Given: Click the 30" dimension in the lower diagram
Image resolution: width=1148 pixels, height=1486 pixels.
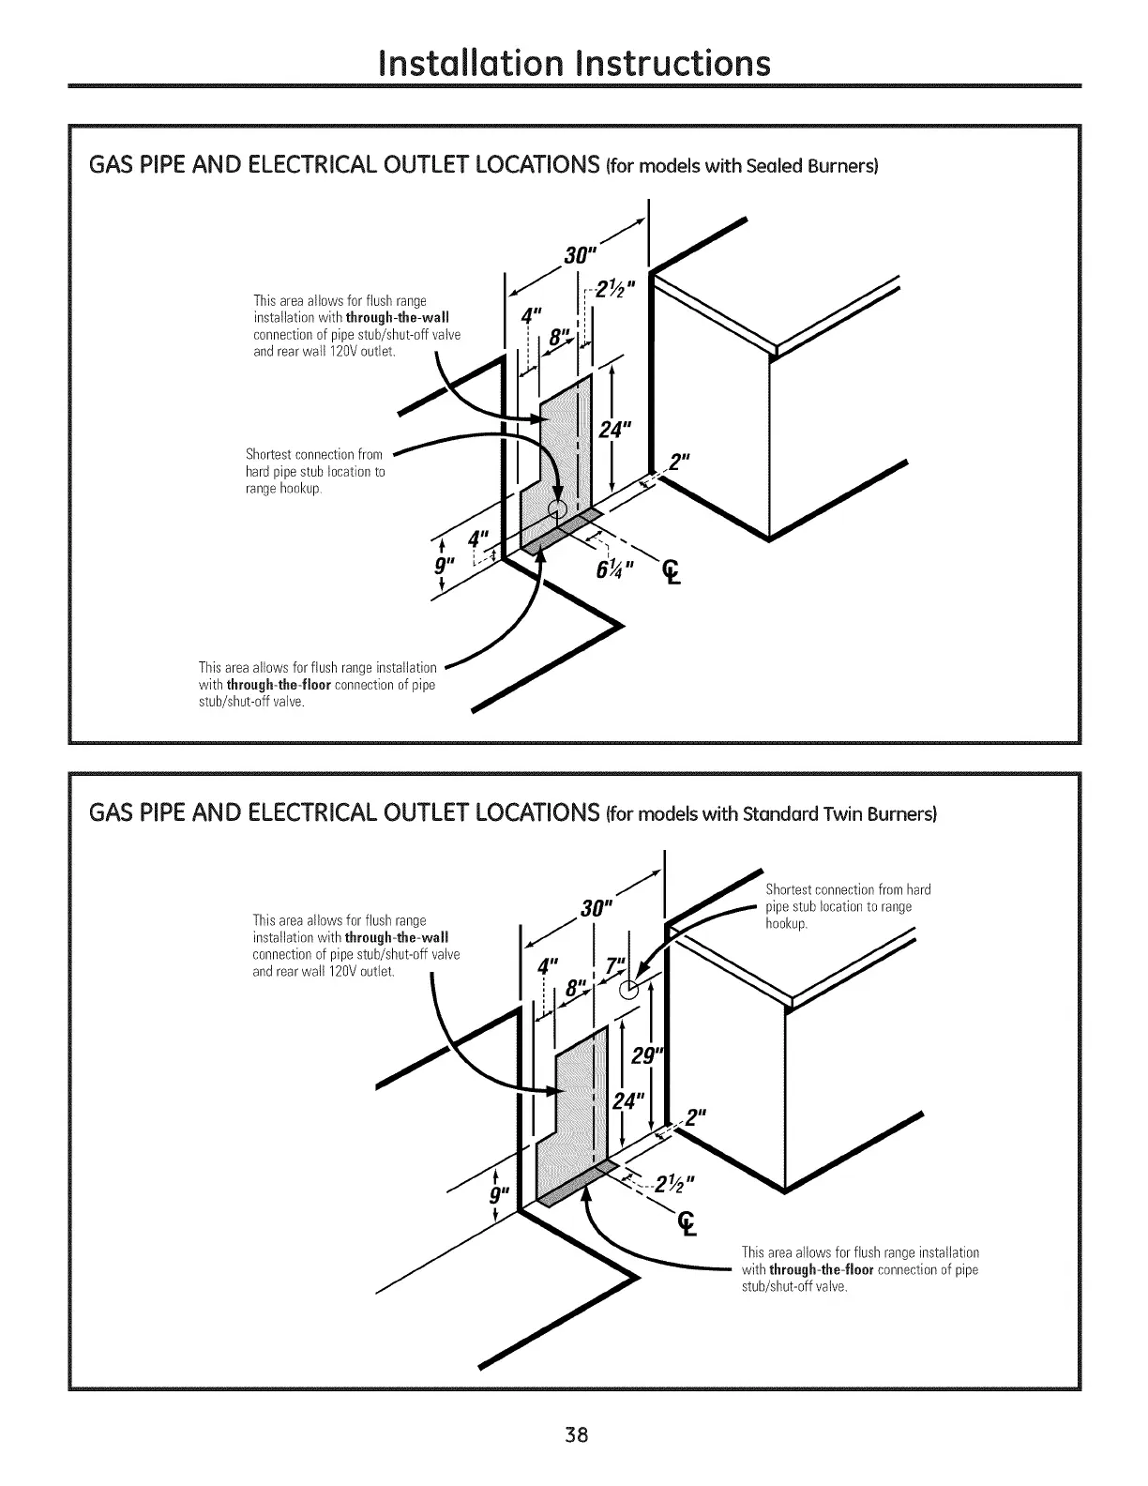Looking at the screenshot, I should coord(597,909).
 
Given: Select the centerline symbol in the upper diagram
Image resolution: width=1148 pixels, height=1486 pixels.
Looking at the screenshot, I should coord(671,569).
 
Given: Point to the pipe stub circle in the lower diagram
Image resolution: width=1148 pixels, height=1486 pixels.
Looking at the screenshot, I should coord(632,987).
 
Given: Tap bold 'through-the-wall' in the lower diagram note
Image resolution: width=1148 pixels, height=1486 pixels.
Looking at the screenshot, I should coord(396,937).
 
